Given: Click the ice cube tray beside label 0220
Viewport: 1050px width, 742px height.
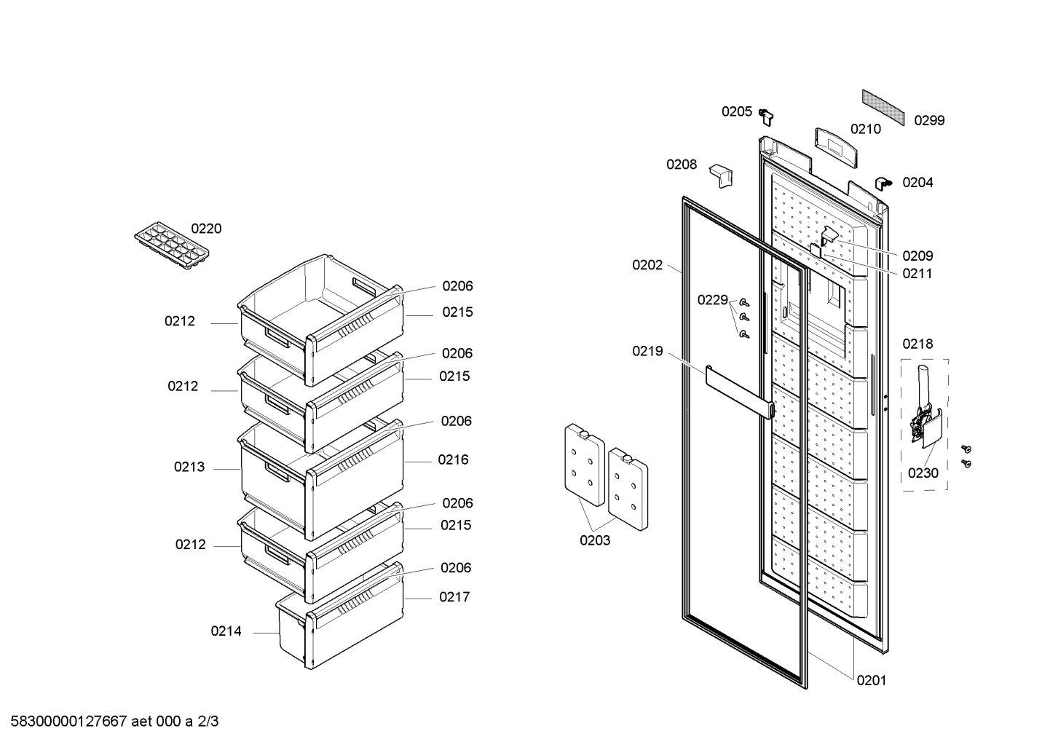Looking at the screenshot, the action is coord(172,246).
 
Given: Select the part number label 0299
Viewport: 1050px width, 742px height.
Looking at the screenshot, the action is coord(929,120).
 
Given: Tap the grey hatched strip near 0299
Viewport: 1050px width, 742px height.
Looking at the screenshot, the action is coord(883,107).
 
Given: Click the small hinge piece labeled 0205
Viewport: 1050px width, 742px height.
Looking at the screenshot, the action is coord(766,117).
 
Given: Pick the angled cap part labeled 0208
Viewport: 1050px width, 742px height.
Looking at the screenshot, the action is coord(721,175).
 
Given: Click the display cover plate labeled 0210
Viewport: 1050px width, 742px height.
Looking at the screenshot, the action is coord(836,147).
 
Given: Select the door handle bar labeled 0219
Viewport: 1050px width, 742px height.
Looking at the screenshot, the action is coord(740,392).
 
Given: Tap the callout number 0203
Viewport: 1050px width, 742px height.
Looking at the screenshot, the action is coord(595,540).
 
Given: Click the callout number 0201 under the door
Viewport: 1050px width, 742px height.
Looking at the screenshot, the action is coord(872,680).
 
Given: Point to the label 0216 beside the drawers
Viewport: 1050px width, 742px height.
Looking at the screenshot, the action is coord(454,459).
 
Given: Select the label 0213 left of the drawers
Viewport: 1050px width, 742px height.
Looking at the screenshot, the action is coord(189,467).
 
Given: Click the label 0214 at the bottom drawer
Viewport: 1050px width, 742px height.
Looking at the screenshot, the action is coord(226,631).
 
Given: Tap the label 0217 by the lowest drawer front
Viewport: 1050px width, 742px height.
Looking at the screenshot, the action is coord(454,597).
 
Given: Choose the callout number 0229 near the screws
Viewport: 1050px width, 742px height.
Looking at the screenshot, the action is coord(712,300).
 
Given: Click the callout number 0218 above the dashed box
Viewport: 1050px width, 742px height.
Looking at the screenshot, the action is coord(917,344).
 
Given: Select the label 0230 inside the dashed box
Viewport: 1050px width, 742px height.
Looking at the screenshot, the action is coord(923,473).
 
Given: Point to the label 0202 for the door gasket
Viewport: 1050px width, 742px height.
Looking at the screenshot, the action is coord(647,265).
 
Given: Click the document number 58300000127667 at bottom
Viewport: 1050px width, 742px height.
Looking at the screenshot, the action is coord(68,722).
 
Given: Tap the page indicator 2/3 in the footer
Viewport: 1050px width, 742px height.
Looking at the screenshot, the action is coord(208,722).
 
